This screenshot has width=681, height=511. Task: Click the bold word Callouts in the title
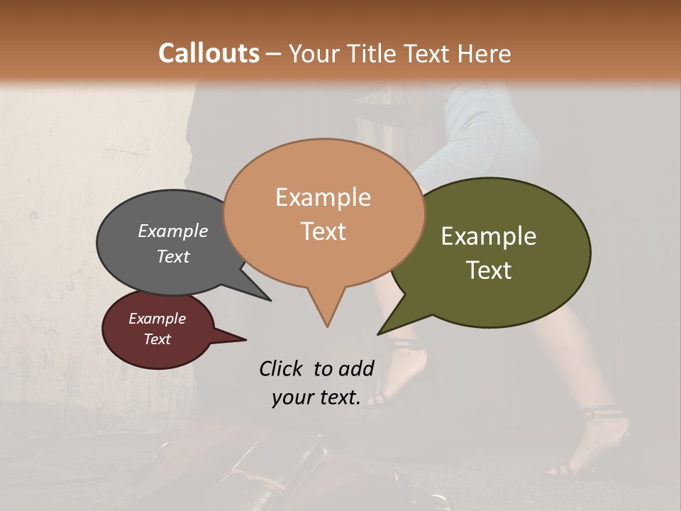pyautogui.click(x=209, y=53)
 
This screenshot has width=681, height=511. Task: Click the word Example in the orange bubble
pyautogui.click(x=323, y=197)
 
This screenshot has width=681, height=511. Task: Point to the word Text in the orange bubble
pyautogui.click(x=323, y=231)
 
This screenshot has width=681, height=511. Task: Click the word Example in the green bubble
pyautogui.click(x=489, y=236)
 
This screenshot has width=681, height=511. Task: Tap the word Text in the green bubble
pyautogui.click(x=489, y=270)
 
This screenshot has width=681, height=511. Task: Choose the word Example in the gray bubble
pyautogui.click(x=173, y=231)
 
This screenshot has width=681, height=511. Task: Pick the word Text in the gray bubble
pyautogui.click(x=173, y=256)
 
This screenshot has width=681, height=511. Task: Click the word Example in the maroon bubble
pyautogui.click(x=157, y=319)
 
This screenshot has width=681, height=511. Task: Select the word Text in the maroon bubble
pyautogui.click(x=157, y=339)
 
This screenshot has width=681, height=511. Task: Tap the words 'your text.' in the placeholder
pyautogui.click(x=316, y=398)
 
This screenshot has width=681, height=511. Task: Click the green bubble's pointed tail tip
pyautogui.click(x=378, y=334)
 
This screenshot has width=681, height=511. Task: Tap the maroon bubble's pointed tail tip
pyautogui.click(x=245, y=340)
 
